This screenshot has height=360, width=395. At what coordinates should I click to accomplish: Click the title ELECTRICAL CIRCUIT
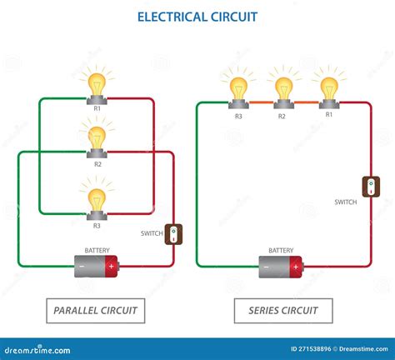point(197,16)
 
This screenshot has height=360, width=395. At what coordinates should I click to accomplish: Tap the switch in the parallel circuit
point(173,234)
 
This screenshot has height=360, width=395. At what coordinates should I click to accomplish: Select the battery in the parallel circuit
point(97,267)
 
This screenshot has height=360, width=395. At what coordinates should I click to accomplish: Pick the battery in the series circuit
point(281,267)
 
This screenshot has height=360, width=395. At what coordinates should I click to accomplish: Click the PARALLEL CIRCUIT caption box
point(95,312)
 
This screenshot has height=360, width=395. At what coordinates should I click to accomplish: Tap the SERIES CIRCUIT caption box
point(283,312)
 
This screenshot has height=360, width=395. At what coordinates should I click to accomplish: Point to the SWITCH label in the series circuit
point(346,202)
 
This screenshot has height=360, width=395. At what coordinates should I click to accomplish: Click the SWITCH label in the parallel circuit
point(152,233)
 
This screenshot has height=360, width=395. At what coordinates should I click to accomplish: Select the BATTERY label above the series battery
point(281,250)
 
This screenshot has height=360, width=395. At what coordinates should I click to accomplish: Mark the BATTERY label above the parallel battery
point(97,250)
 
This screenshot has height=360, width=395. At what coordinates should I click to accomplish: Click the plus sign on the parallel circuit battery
point(111,267)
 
